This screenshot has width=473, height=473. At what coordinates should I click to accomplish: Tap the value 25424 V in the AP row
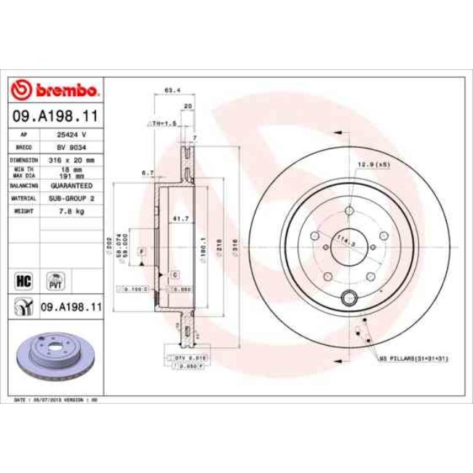[x=71, y=135]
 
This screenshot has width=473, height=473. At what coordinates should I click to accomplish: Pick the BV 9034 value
[x=71, y=146]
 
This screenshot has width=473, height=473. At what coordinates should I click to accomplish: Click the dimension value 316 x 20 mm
[x=71, y=159]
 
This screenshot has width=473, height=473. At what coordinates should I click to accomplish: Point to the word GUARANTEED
[x=71, y=186]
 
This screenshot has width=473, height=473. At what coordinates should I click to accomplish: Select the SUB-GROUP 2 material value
[x=71, y=198]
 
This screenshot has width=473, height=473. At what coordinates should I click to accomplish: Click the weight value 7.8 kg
[x=71, y=210]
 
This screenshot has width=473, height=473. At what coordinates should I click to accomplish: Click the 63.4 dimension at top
[x=172, y=91]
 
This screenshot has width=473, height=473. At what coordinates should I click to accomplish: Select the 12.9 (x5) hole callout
[x=374, y=165]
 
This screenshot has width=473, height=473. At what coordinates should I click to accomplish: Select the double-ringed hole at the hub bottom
[x=349, y=297]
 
